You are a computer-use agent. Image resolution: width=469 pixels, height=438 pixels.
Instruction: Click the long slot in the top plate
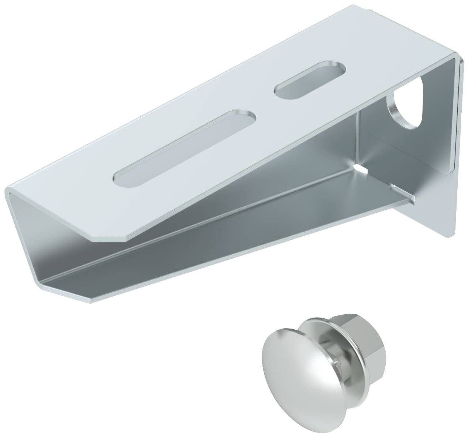185,146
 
